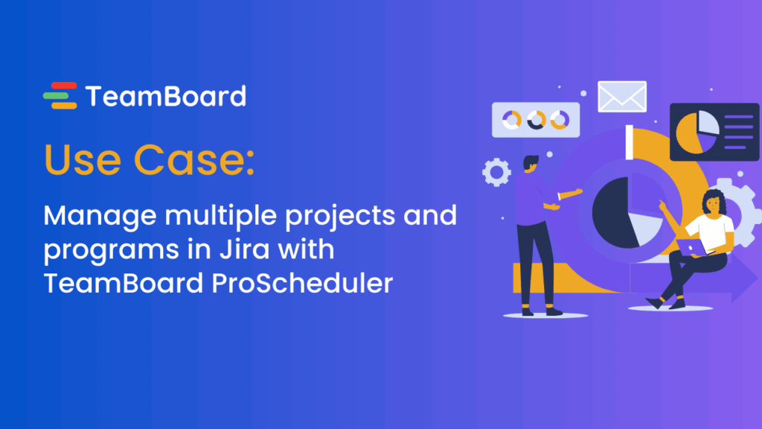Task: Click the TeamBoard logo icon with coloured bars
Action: tap(60, 96)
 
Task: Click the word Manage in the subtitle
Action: tap(93, 216)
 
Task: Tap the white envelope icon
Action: tap(622, 96)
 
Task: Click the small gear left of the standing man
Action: tap(496, 172)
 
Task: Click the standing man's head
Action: tap(531, 162)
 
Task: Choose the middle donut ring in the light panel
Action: tap(535, 119)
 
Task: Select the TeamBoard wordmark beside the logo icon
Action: tap(165, 96)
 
